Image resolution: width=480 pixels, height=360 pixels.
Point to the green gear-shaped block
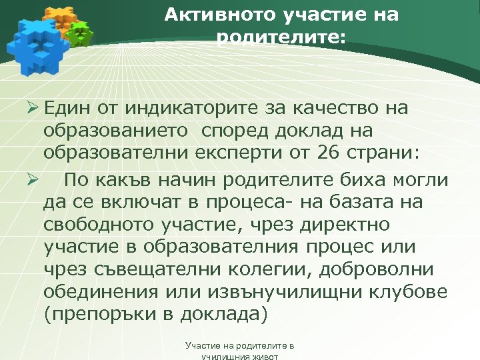[x=80, y=33]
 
